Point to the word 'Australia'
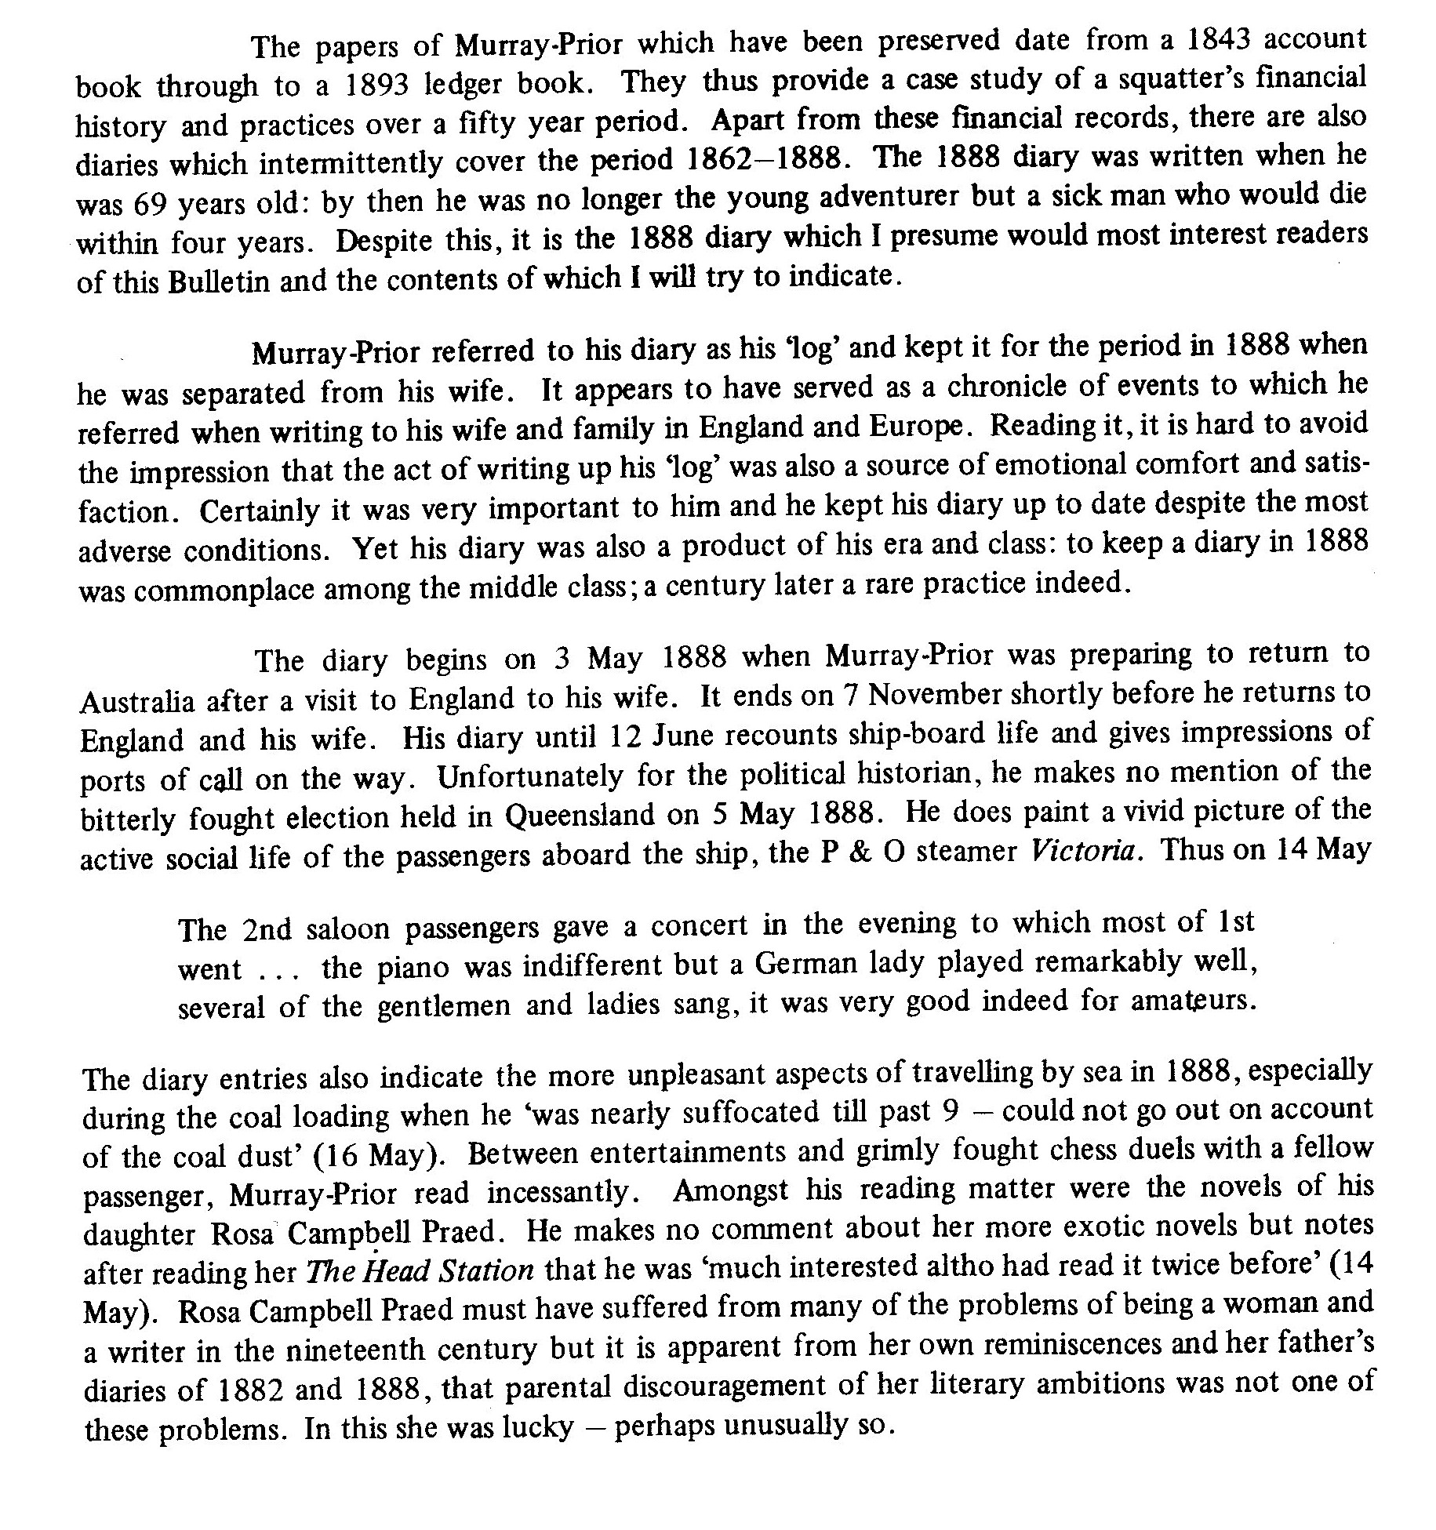[137, 700]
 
